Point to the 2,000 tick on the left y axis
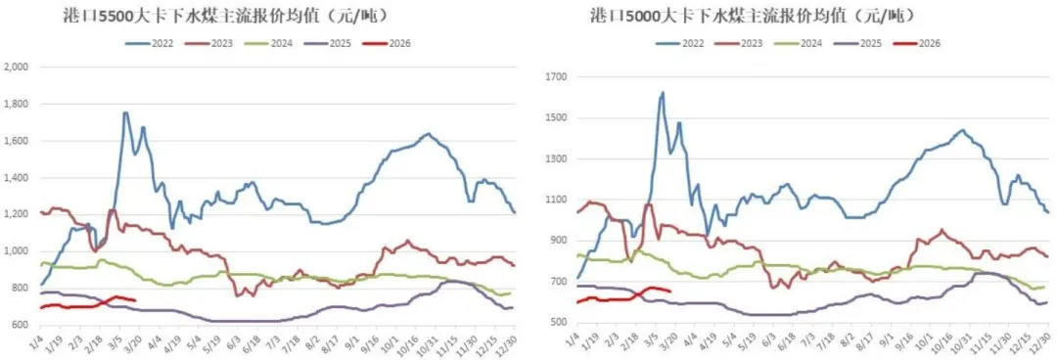tap(18, 67)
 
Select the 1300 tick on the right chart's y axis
tap(555, 158)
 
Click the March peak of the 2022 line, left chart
tap(125, 112)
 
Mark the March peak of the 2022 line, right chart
tap(663, 93)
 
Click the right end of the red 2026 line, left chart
tap(135, 300)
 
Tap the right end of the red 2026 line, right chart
tap(669, 291)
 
